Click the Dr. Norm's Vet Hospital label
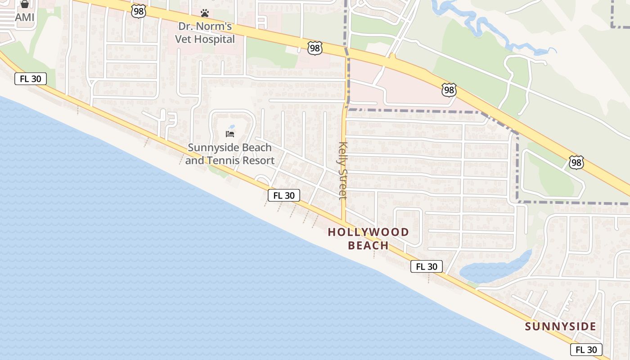click(205, 33)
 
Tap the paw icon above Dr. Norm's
click(205, 13)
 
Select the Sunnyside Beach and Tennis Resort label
click(230, 154)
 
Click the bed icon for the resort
click(230, 134)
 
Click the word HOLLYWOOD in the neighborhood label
click(369, 232)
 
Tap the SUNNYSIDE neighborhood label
click(561, 326)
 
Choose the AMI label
click(24, 17)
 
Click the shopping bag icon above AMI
click(24, 4)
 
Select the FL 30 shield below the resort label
click(284, 195)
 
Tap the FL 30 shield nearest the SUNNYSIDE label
click(586, 350)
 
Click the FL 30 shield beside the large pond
click(427, 266)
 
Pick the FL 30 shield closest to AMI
click(31, 79)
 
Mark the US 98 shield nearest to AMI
click(139, 12)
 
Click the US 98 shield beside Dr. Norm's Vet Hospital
click(315, 47)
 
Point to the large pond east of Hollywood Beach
click(495, 269)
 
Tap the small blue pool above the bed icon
click(232, 127)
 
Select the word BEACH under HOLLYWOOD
click(369, 246)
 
